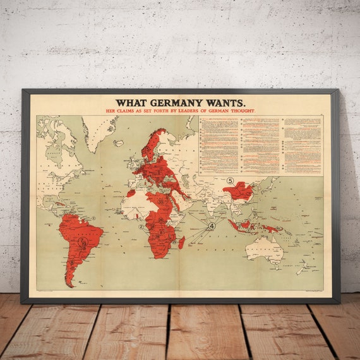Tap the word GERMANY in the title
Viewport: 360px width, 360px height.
point(174,103)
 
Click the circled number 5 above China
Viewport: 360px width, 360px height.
point(231,181)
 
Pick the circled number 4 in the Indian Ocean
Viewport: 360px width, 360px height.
point(212,225)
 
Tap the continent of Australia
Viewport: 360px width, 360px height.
point(265,249)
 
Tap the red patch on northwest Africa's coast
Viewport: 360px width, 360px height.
point(131,193)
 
